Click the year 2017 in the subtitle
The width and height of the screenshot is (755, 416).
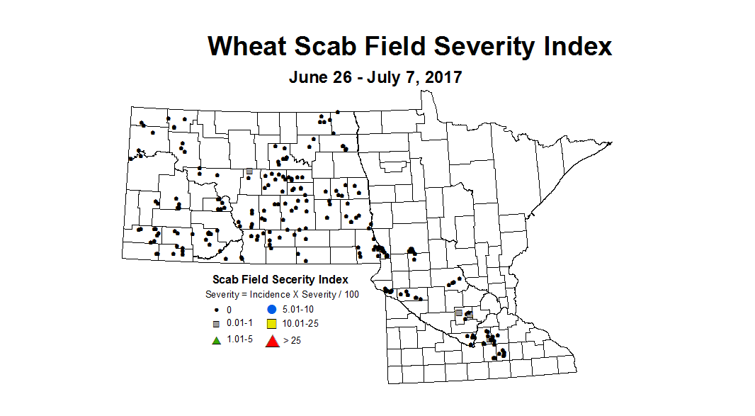(443, 77)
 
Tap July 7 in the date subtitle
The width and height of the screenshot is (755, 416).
(391, 77)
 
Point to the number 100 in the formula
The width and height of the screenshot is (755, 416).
(351, 294)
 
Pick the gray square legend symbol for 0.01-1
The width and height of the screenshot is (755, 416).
(217, 324)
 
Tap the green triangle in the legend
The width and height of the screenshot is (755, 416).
(217, 339)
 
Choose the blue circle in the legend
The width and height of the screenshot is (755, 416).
(271, 309)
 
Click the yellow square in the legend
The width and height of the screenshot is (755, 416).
(271, 324)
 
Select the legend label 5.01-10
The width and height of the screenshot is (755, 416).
(299, 310)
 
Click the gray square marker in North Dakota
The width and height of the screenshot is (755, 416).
(249, 172)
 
